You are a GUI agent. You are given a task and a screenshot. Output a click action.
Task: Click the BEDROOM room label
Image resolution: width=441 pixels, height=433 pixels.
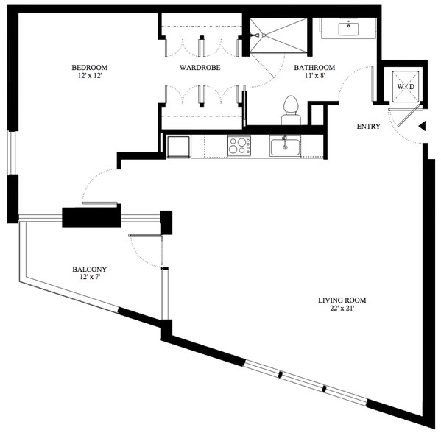[89, 68]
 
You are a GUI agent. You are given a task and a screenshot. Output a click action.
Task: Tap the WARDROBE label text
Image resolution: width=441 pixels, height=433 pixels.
[200, 68]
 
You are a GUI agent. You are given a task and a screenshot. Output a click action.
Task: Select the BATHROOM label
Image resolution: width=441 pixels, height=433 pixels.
[314, 68]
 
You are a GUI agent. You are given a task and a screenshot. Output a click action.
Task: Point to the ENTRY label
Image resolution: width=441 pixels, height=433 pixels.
[368, 127]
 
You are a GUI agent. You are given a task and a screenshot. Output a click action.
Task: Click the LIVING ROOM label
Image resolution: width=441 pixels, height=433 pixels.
[342, 300]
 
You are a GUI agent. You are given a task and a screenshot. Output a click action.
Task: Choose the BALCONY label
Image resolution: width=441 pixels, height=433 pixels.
[89, 270]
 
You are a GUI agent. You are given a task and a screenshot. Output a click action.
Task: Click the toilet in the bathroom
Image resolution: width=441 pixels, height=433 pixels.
[291, 110]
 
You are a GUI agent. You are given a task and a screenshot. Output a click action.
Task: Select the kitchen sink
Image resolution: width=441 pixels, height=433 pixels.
[285, 146]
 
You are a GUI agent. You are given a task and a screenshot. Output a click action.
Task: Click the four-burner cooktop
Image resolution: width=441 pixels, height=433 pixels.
[239, 146]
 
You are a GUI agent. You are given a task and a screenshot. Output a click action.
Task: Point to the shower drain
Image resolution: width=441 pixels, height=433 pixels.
[264, 35]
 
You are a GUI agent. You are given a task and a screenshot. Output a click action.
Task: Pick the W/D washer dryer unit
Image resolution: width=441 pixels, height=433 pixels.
[406, 86]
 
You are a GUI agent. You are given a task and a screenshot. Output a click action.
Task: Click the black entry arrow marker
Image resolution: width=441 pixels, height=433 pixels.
[422, 127]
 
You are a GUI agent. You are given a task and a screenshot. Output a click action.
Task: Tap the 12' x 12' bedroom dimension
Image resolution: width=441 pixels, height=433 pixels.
[89, 76]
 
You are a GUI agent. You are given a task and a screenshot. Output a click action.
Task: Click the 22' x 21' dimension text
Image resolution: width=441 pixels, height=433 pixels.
[342, 309]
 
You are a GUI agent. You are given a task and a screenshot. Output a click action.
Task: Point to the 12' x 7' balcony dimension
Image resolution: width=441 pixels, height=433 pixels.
[90, 277]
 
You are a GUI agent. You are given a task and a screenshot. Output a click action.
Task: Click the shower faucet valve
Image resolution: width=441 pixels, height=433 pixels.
[254, 35]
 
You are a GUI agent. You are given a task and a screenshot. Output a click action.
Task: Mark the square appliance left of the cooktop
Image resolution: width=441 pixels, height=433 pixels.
[178, 147]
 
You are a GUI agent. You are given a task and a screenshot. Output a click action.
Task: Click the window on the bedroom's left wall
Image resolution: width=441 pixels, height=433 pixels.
[13, 152]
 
